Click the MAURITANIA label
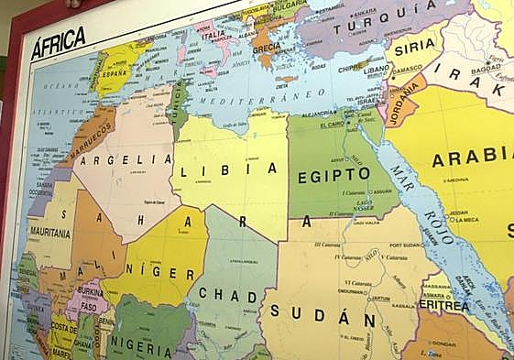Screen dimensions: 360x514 coord(49,234)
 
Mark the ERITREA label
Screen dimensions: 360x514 coord(443,305)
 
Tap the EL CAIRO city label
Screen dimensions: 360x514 coord(332,124)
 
